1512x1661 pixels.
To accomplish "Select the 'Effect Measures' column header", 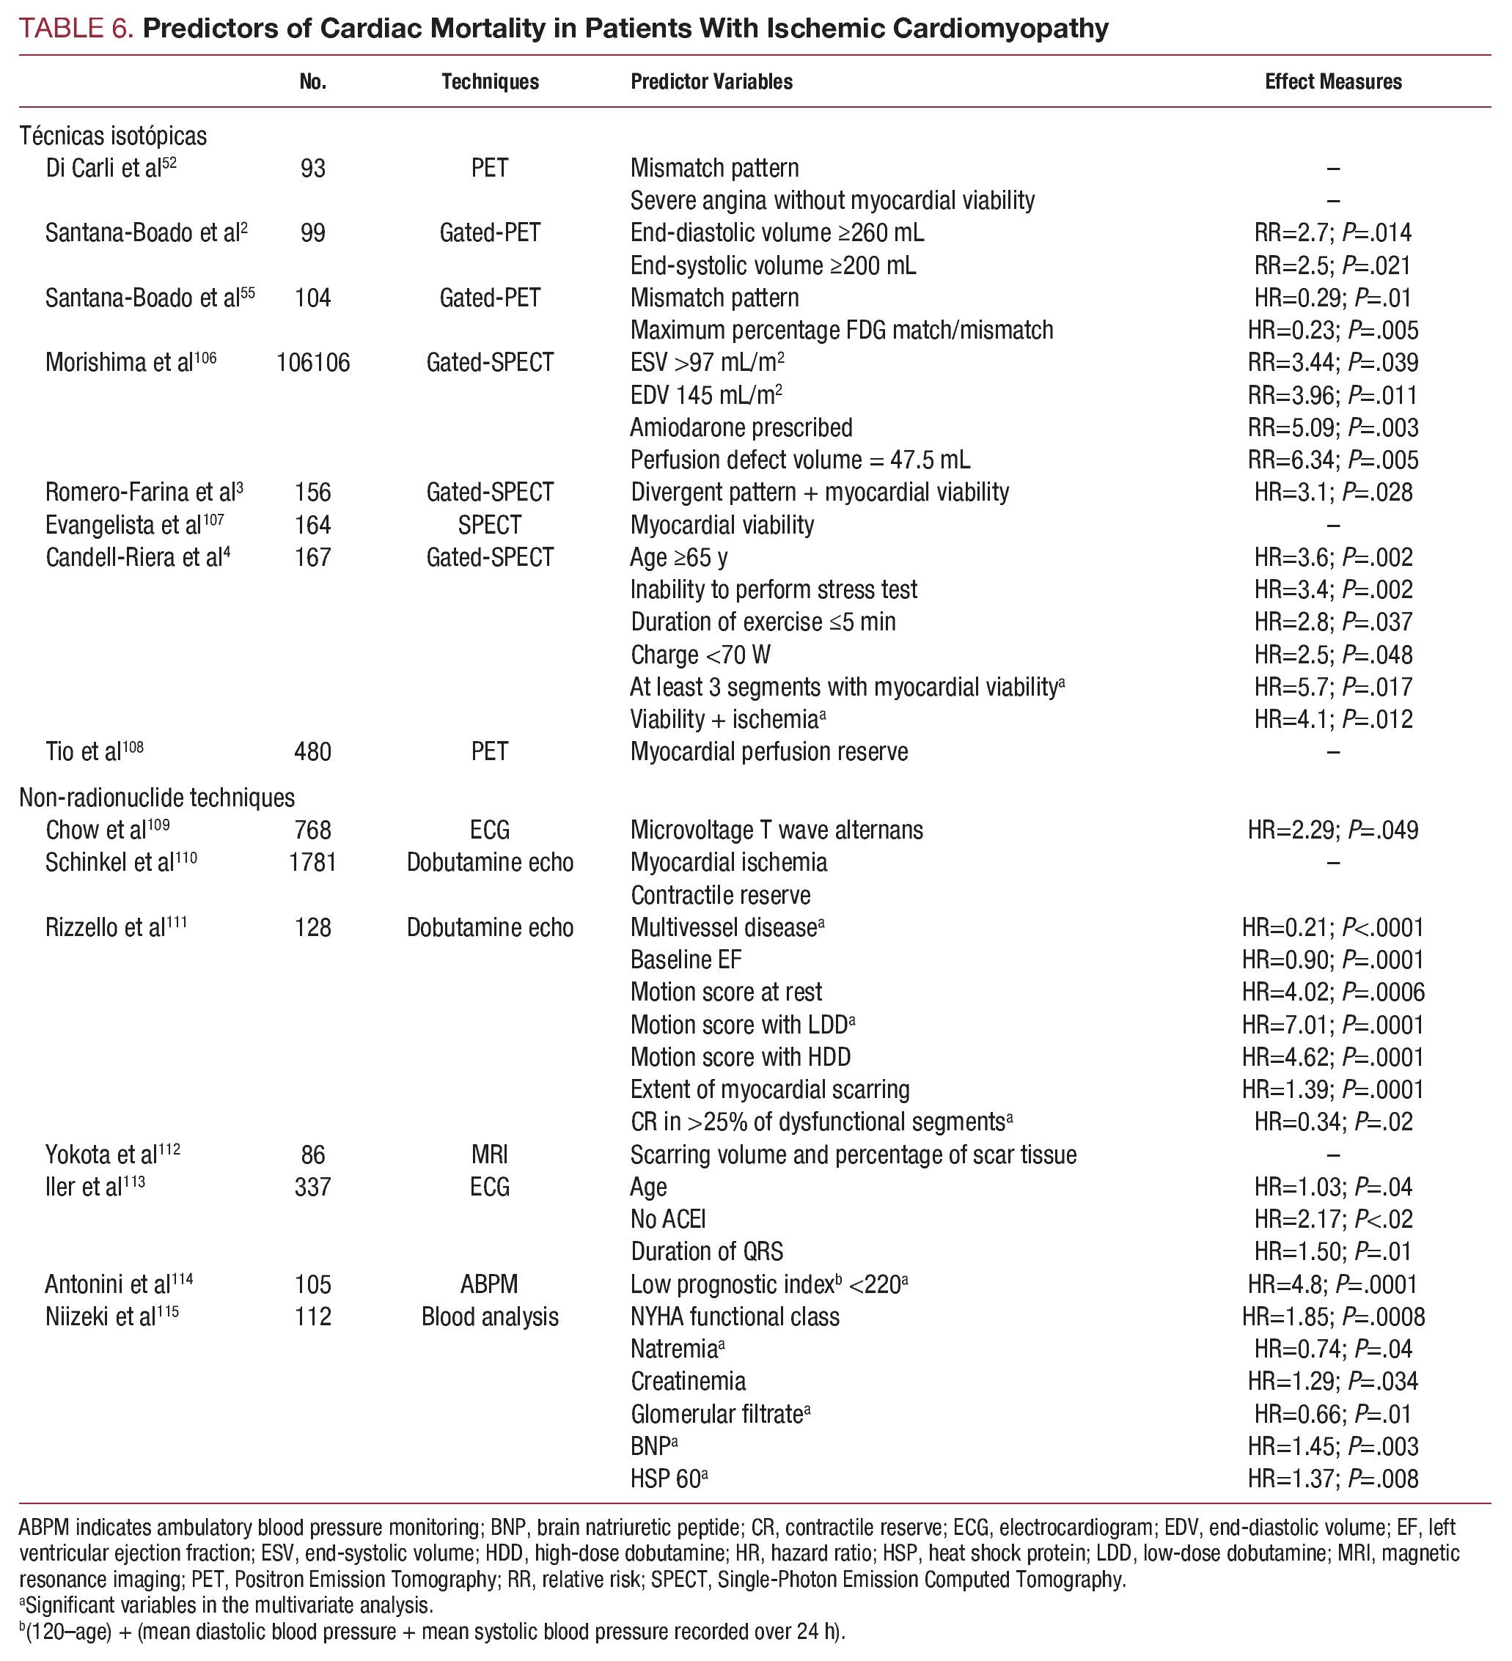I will [x=1332, y=81].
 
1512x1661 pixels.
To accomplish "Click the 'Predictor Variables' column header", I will [x=711, y=81].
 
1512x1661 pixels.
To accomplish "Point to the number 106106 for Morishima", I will [x=312, y=363].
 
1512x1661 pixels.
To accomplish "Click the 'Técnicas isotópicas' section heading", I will [x=113, y=135].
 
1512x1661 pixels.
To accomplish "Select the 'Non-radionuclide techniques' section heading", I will [x=157, y=798].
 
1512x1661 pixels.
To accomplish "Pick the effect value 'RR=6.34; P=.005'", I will [x=1332, y=460].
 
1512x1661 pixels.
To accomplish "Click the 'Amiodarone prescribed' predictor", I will [x=741, y=427].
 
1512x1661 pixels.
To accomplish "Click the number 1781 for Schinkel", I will [x=312, y=863].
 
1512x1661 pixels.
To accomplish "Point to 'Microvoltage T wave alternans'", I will [x=777, y=830].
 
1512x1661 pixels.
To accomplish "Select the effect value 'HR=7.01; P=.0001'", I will [x=1332, y=1025].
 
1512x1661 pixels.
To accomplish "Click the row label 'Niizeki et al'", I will [x=111, y=1316].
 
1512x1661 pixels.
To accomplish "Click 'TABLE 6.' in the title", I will [x=76, y=29].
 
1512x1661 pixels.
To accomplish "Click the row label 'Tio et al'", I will [x=94, y=751].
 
